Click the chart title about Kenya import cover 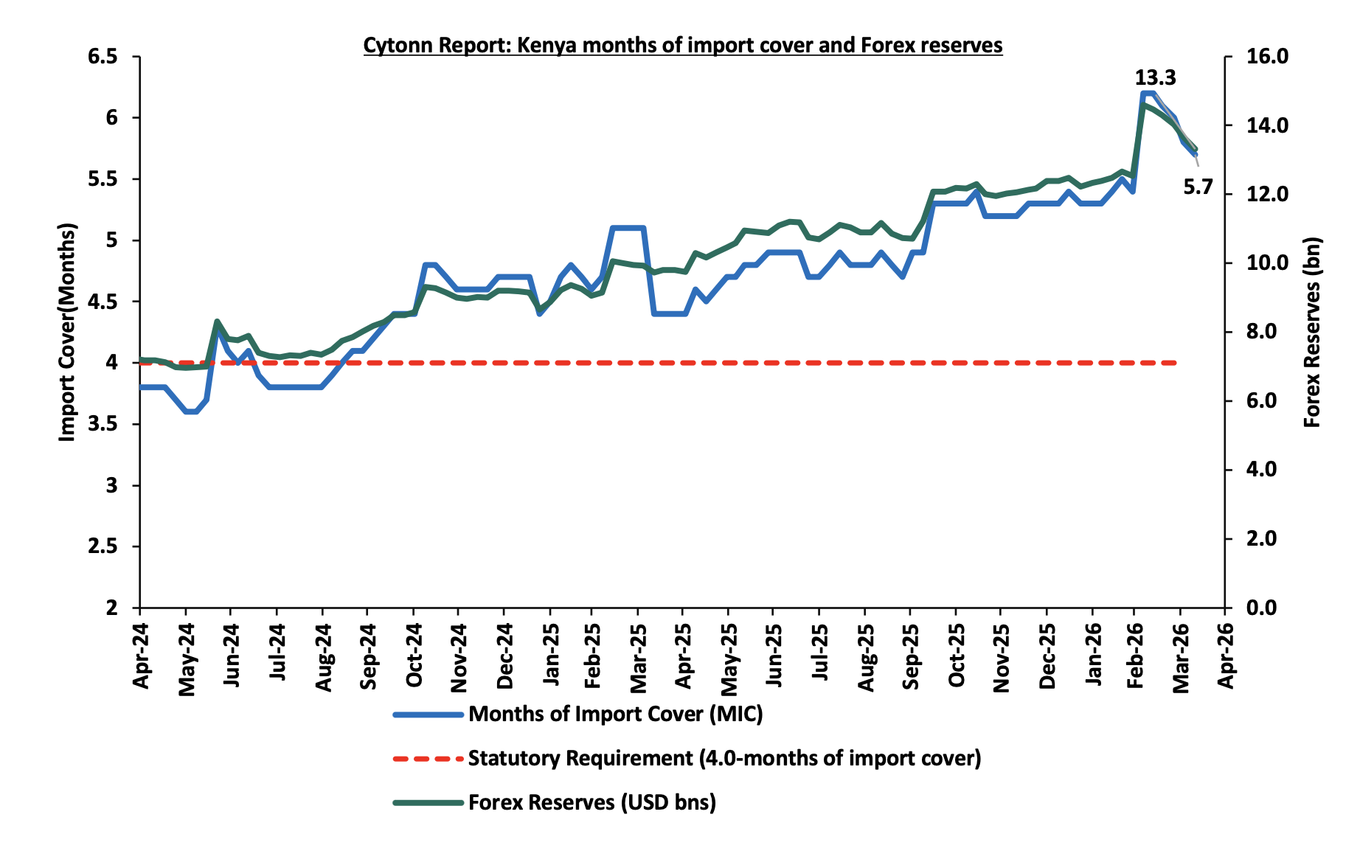682,46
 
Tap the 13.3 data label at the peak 1154,78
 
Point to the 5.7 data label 1198,187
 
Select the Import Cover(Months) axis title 67,332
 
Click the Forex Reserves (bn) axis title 1312,332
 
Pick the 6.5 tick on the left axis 103,57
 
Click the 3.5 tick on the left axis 103,424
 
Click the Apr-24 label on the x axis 141,656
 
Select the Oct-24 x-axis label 414,656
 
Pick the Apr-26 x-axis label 1226,656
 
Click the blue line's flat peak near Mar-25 628,228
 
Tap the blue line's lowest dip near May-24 190,411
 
